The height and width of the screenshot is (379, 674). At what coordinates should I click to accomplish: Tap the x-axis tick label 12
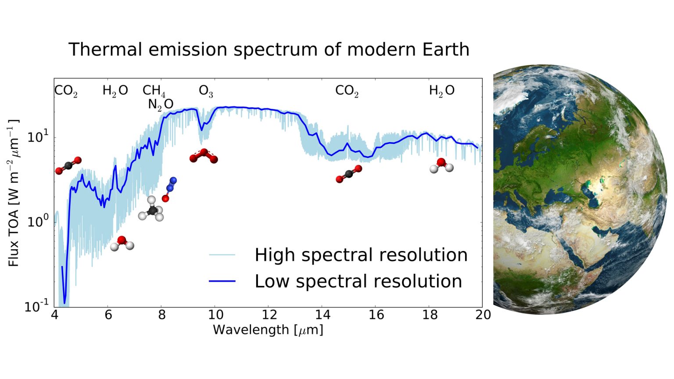[x=269, y=315]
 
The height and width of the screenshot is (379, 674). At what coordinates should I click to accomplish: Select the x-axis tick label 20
[x=483, y=315]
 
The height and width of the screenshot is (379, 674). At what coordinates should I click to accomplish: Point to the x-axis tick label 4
[x=54, y=315]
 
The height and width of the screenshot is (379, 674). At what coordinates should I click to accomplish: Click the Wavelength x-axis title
[x=268, y=330]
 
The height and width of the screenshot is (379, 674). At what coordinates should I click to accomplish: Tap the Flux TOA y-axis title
[x=14, y=193]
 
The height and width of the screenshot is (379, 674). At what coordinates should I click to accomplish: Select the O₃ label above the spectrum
[x=206, y=91]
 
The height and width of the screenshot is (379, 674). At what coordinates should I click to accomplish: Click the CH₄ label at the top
[x=154, y=91]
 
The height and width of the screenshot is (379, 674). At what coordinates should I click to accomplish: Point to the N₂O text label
[x=160, y=104]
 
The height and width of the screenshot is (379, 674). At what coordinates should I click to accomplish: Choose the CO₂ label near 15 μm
[x=347, y=91]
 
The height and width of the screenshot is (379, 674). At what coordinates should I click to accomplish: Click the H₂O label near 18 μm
[x=441, y=91]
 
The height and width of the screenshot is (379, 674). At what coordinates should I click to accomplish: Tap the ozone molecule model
[x=204, y=156]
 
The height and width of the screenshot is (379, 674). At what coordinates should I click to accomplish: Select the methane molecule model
[x=151, y=209]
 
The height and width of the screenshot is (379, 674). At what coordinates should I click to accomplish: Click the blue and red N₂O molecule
[x=169, y=189]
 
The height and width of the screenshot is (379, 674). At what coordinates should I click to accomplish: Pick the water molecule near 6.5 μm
[x=122, y=243]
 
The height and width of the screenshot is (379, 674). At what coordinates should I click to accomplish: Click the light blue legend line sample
[x=222, y=255]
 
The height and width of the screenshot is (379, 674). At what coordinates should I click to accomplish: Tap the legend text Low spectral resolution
[x=358, y=281]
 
